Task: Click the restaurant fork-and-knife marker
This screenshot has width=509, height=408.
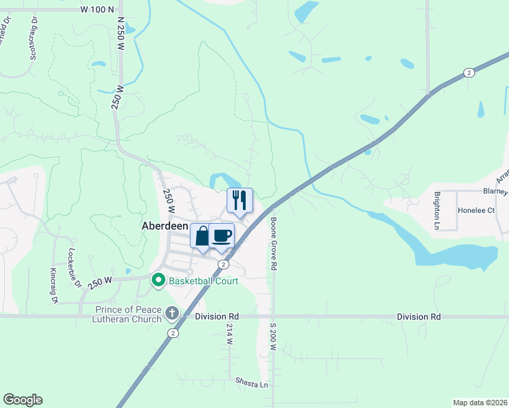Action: pos(239,200)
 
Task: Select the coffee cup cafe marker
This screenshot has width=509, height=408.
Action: pos(222,235)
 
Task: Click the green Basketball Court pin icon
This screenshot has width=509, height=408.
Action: pos(159,280)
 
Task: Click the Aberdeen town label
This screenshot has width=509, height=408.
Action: pos(165,226)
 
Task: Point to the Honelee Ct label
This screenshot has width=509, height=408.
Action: pos(476,211)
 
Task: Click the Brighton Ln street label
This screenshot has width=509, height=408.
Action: pos(437,209)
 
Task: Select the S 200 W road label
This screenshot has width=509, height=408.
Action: pos(272,337)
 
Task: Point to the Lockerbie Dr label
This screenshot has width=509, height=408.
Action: pos(72,266)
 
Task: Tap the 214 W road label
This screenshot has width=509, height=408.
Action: pos(229,333)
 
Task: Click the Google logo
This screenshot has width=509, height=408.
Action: pos(22,400)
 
